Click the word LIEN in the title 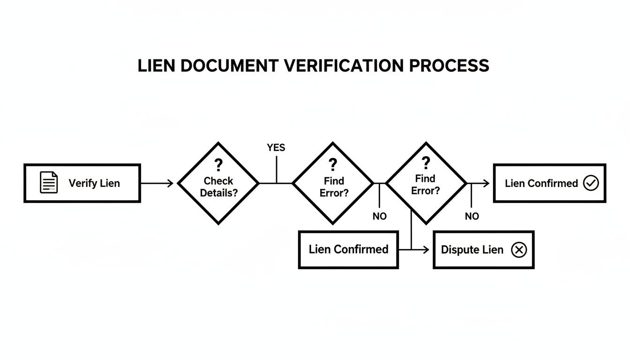157,66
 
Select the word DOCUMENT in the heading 229,66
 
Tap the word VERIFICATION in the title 344,66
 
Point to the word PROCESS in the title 449,66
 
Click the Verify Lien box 82,183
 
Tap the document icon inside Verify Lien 49,182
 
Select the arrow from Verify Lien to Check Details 157,183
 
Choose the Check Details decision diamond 218,183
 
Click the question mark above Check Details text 218,165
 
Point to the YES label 276,148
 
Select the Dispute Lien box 483,250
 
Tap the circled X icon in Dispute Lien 518,250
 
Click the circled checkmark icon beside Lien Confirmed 591,183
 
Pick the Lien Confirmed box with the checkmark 549,183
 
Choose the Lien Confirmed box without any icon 348,249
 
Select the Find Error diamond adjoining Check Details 333,183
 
